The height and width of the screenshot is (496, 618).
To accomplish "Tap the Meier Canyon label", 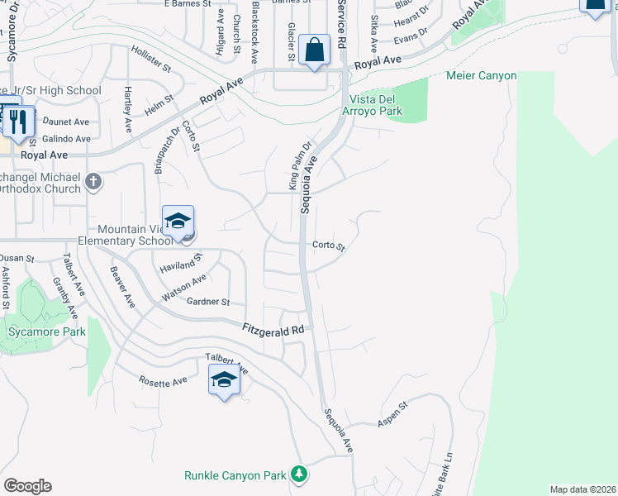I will point(481,76).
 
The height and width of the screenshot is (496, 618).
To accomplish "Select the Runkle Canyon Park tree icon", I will point(298,475).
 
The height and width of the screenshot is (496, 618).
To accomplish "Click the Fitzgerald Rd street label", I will point(273,329).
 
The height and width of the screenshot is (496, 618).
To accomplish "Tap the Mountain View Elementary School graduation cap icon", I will point(178,221).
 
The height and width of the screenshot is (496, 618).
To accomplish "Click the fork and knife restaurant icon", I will point(18,122).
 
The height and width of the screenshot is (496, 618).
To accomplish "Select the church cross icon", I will point(93,181).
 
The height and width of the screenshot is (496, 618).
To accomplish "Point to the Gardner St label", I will point(208,303).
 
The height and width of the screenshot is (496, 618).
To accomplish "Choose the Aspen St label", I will point(392,416).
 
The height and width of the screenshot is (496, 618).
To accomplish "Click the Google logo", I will point(27,486).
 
